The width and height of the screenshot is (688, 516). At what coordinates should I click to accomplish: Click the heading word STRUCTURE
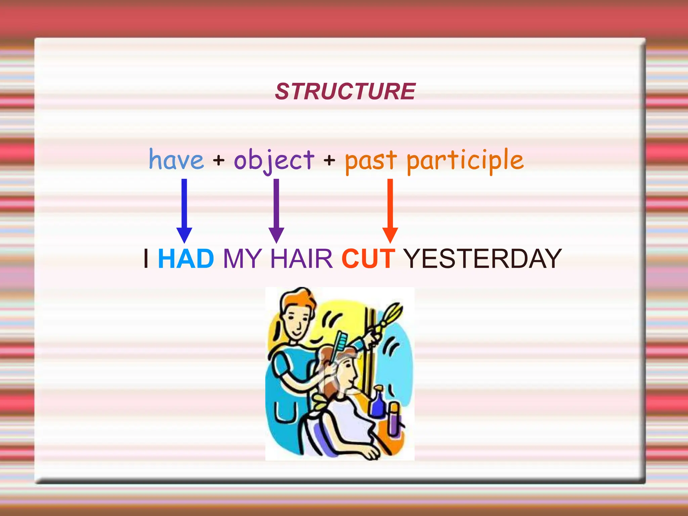[345, 91]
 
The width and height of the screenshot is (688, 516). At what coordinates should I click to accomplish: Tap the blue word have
[176, 160]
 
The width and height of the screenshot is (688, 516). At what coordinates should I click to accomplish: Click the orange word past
[371, 161]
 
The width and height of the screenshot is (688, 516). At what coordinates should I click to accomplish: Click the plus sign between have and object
[219, 160]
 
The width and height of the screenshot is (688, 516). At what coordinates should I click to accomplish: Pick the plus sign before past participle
[330, 160]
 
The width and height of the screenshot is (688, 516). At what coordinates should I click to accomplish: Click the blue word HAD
[186, 259]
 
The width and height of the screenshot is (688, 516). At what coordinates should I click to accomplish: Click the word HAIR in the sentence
[301, 259]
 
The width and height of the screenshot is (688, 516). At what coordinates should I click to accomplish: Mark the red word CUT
[368, 259]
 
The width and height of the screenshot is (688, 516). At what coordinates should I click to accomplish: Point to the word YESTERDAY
[482, 259]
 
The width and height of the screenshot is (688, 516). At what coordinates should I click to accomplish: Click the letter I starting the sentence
[146, 259]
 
